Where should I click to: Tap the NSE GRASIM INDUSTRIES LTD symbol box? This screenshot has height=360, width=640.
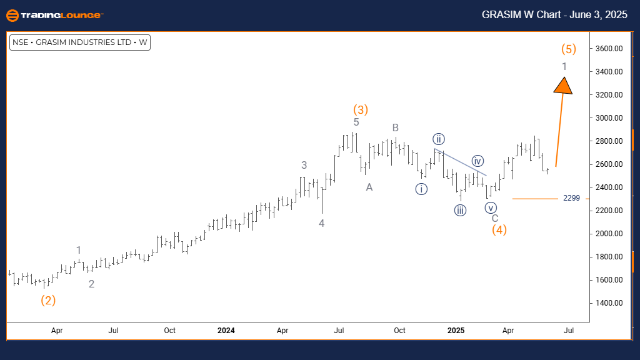pos(80,42)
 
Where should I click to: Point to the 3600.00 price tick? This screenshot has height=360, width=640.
pos(608,48)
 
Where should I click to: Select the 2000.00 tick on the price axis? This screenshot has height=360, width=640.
pos(608,233)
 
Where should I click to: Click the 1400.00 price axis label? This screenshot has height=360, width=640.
pos(608,302)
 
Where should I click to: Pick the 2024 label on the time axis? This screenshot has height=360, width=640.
pos(226,330)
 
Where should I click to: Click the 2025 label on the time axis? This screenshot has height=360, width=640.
pos(456,330)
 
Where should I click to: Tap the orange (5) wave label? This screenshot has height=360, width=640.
pos(568,49)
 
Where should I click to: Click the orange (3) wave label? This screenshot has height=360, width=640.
pos(361,109)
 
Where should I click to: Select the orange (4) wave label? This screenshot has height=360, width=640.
pos(499,229)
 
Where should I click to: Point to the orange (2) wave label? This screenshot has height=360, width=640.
pos(48,300)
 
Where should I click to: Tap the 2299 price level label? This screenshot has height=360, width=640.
pos(571,198)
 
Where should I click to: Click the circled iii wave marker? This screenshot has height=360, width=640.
pos(460,210)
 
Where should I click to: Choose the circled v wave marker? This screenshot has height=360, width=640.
pos(491,207)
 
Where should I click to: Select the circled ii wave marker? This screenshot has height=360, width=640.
pos(439,139)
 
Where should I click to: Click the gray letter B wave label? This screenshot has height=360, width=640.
pos(396,127)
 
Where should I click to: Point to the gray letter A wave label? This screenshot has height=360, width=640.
pos(369,187)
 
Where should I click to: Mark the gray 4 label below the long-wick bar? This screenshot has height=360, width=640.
pos(321,222)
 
